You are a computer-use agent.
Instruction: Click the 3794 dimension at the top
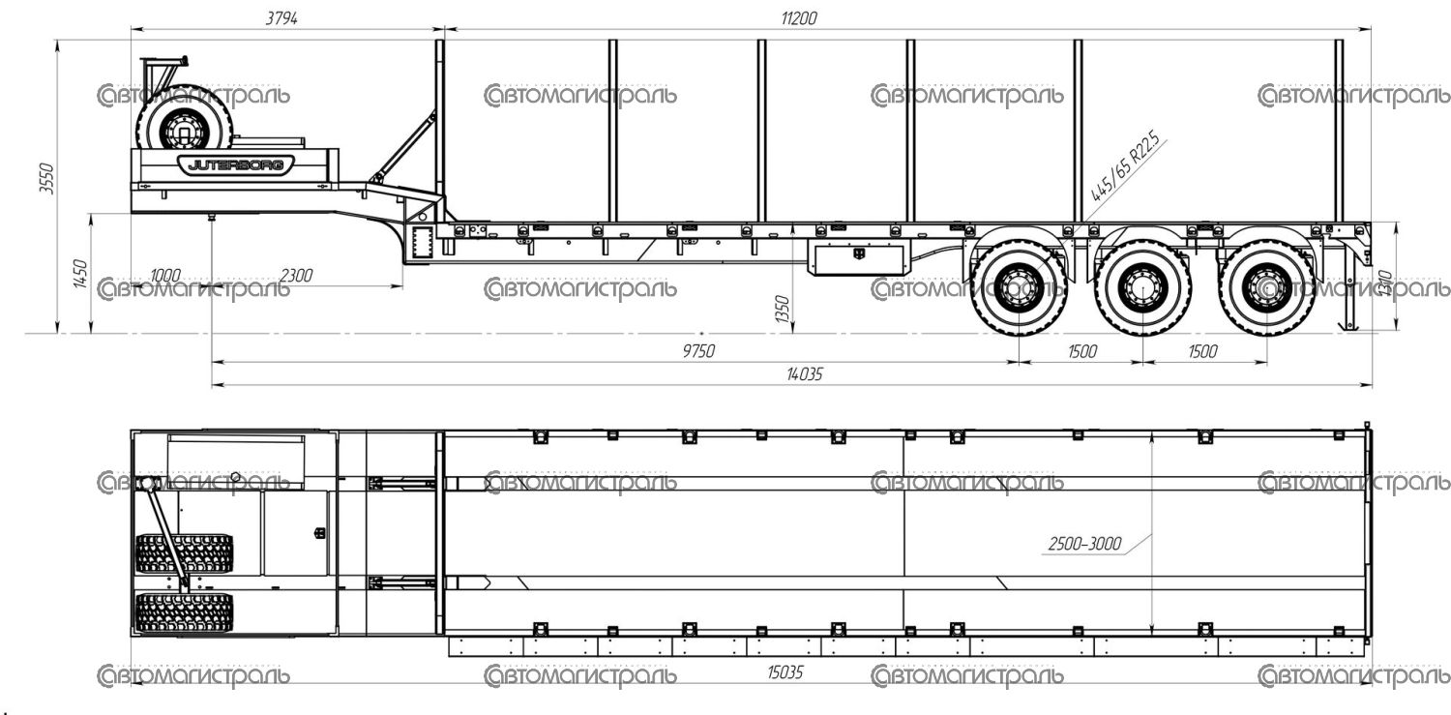pos(281,18)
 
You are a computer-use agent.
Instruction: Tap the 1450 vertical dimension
pos(80,275)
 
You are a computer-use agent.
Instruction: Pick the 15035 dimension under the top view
pos(785,670)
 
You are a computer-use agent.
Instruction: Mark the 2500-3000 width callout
pos(1084,544)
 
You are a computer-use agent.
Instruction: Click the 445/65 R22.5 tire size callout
pos(1125,168)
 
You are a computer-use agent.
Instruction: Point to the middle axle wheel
pos(1142,285)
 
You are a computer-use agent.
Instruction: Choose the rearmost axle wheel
pos(1265,285)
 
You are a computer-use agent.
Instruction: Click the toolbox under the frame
pos(859,259)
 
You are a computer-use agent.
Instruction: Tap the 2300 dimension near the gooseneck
pos(296,276)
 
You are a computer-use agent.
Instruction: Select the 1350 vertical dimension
pos(782,310)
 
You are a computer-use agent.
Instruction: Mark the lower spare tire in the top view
pos(184,613)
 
